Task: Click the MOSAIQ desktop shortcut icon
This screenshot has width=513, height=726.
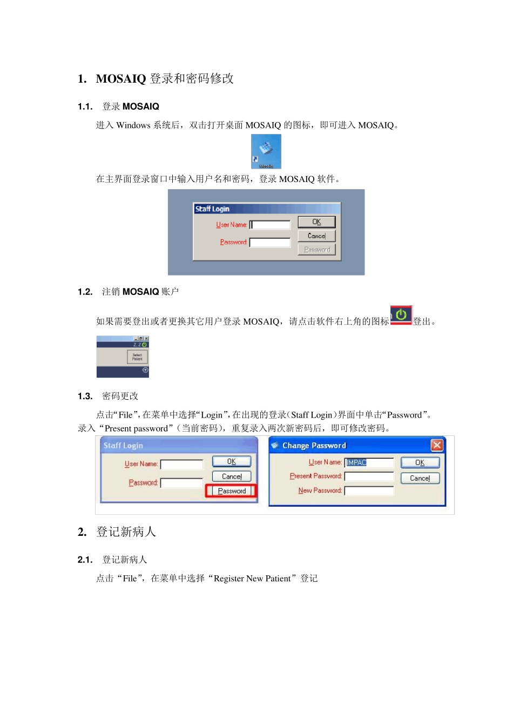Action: pyautogui.click(x=266, y=151)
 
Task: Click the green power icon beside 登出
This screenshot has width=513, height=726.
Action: pyautogui.click(x=401, y=315)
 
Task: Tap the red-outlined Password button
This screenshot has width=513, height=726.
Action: pyautogui.click(x=232, y=491)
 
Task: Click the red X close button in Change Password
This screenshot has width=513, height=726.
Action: pyautogui.click(x=437, y=445)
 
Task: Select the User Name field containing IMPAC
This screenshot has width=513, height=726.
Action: pyautogui.click(x=369, y=462)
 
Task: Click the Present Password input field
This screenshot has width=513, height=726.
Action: pyautogui.click(x=369, y=476)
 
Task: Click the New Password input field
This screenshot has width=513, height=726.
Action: pyautogui.click(x=369, y=490)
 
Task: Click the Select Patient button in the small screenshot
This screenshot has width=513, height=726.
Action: pyautogui.click(x=137, y=357)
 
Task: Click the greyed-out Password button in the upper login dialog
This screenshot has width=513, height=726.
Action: pyautogui.click(x=317, y=250)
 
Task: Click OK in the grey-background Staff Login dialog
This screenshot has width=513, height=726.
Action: pyautogui.click(x=317, y=222)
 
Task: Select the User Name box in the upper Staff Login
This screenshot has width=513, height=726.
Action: pyautogui.click(x=271, y=225)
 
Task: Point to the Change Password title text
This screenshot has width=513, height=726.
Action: pyautogui.click(x=314, y=446)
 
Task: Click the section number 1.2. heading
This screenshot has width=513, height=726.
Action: pyautogui.click(x=85, y=292)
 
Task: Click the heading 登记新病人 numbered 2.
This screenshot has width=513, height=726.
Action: pyautogui.click(x=126, y=532)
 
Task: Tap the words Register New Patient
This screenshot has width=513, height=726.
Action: pyautogui.click(x=252, y=579)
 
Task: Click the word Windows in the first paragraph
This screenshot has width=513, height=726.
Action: pyautogui.click(x=133, y=125)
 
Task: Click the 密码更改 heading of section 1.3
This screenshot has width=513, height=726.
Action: pyautogui.click(x=120, y=396)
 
